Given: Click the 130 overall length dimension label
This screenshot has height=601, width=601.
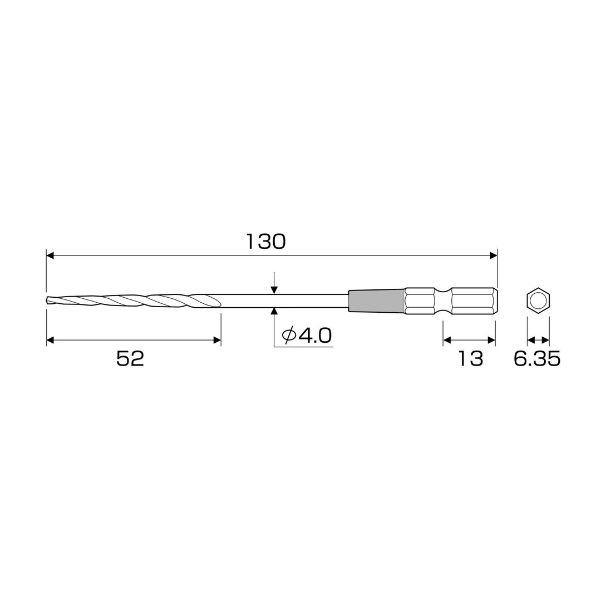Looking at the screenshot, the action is point(265,242).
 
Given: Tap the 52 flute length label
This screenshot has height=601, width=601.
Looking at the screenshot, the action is point(130,359).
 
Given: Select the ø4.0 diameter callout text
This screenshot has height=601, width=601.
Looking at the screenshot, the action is point(307,336).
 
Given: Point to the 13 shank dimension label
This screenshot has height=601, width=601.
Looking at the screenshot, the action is point(470,359).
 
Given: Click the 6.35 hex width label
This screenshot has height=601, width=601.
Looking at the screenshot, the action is point(537,359).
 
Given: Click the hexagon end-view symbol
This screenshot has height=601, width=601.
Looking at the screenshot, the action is point(538,300).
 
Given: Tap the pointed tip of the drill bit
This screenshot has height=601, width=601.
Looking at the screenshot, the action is point(46,300).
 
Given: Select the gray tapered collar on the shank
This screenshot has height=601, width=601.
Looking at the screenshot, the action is point(376,300).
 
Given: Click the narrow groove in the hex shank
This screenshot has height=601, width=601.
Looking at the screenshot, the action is point(444,300).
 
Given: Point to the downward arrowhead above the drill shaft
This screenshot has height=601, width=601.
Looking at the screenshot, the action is point(274,290).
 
